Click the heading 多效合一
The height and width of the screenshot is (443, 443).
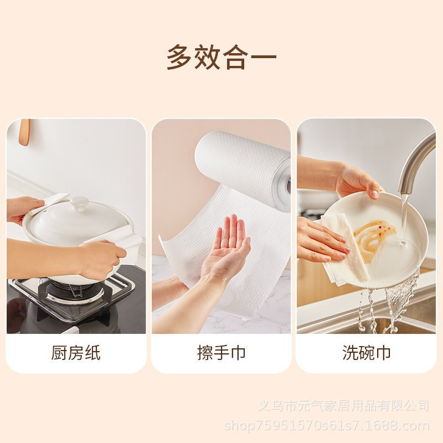point(221,58)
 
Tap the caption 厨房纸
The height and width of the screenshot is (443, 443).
point(76,353)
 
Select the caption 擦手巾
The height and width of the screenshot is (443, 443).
point(221,353)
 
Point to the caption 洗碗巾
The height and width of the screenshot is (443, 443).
point(366,353)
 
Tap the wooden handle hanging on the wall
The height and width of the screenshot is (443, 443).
point(24,132)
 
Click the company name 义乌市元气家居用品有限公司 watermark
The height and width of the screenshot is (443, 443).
point(343,406)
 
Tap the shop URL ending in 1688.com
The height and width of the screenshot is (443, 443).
point(327,426)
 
